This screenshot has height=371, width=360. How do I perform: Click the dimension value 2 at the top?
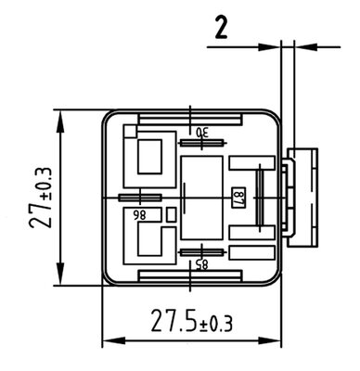pos(221,28)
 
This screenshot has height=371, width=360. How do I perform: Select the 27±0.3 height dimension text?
pos(41,198)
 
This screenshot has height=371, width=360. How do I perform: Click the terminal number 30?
pos(202,133)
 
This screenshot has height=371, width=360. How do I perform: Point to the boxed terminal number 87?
pos(238,198)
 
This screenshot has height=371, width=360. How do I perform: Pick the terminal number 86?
pos(139,215)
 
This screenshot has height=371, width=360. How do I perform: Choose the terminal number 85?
pos(202,263)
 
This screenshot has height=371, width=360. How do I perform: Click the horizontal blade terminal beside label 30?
pos(202,143)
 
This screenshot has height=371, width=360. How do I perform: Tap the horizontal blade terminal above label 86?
pos(140,198)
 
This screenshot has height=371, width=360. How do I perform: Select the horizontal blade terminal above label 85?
pos(201,252)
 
